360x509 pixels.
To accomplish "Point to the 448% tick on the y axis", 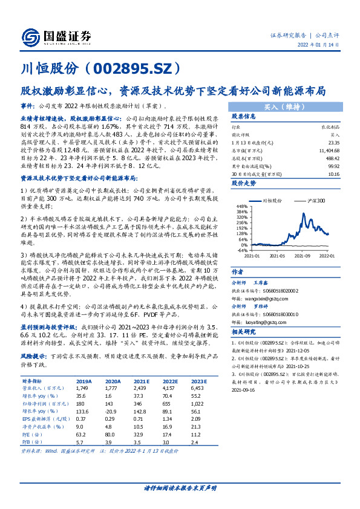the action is [x=242, y=206].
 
